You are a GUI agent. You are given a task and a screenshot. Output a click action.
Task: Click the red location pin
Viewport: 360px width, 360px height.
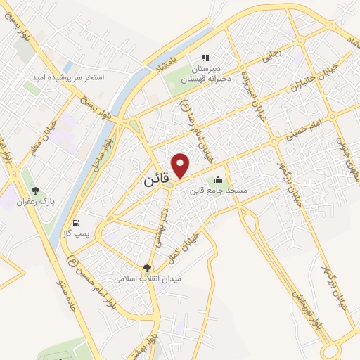[x=181, y=165]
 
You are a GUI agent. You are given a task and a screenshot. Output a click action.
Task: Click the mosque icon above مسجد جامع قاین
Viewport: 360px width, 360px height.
[x=218, y=179]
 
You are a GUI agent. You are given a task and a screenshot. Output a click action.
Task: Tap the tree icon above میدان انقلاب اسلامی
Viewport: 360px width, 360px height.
[x=147, y=268]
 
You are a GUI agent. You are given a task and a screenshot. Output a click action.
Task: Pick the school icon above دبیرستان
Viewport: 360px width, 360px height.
[x=205, y=58]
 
